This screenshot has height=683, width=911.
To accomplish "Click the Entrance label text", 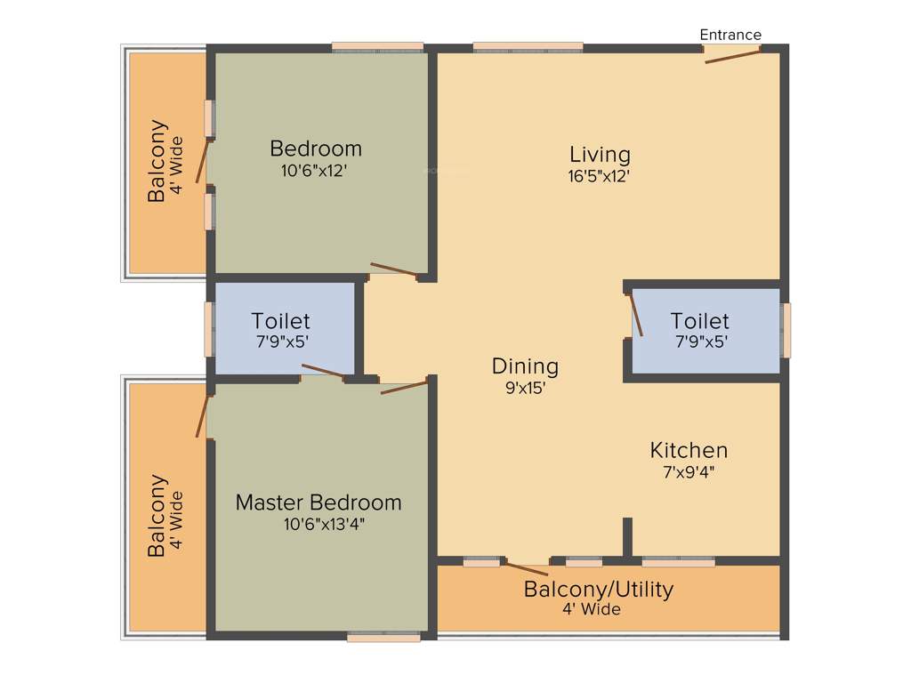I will [x=730, y=35].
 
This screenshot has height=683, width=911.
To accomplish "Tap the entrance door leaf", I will [x=733, y=56].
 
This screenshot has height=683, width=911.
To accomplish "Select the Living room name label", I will [x=600, y=155].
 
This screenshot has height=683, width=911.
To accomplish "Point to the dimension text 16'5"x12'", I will [x=600, y=176].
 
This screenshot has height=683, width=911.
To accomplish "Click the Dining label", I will [x=525, y=366].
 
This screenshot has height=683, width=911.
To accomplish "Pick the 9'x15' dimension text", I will [x=525, y=387].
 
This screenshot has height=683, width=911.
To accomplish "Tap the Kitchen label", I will [x=689, y=450].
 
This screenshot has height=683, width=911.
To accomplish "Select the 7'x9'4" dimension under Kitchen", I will [x=689, y=472].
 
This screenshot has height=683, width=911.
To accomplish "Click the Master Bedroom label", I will [x=318, y=502].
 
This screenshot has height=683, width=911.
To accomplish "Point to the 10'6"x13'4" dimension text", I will [x=324, y=524].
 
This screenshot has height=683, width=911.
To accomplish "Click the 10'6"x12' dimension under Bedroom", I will [x=316, y=170].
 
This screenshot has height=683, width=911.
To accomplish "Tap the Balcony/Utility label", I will [x=598, y=589].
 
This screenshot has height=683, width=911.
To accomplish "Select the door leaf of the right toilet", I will [x=636, y=315].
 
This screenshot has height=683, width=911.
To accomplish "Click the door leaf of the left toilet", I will [x=322, y=371].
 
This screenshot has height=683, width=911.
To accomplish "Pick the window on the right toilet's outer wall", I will [x=786, y=330].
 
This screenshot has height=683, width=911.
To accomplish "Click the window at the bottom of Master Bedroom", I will [x=383, y=637].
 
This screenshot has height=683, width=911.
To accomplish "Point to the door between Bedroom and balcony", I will [x=204, y=160].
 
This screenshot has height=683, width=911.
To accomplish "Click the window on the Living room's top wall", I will [x=528, y=47].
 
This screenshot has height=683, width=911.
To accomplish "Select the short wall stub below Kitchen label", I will [x=627, y=537].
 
